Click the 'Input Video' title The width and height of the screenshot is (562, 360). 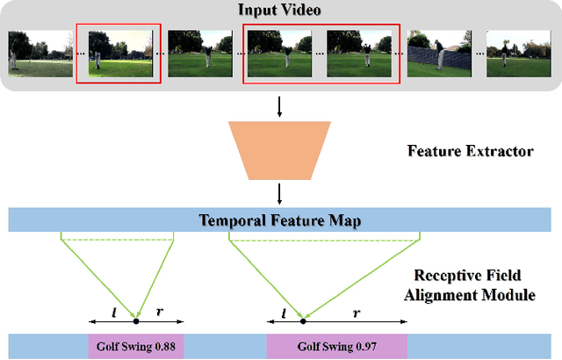280,10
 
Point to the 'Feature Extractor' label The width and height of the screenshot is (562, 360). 470,151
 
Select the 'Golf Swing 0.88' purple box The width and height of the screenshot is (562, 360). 132,346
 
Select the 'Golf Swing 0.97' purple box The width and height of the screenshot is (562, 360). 336,346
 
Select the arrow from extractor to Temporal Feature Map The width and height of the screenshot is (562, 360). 280,191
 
